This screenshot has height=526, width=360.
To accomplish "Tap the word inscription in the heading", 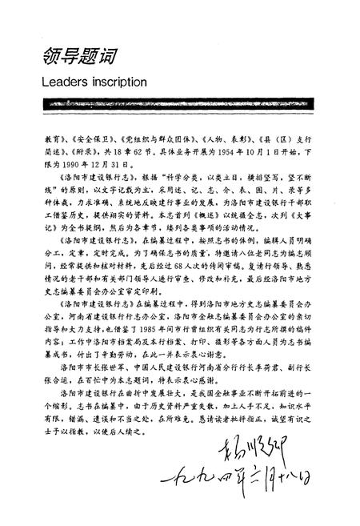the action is point(119,82).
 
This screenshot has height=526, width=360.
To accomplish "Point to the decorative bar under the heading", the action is point(179,105).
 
